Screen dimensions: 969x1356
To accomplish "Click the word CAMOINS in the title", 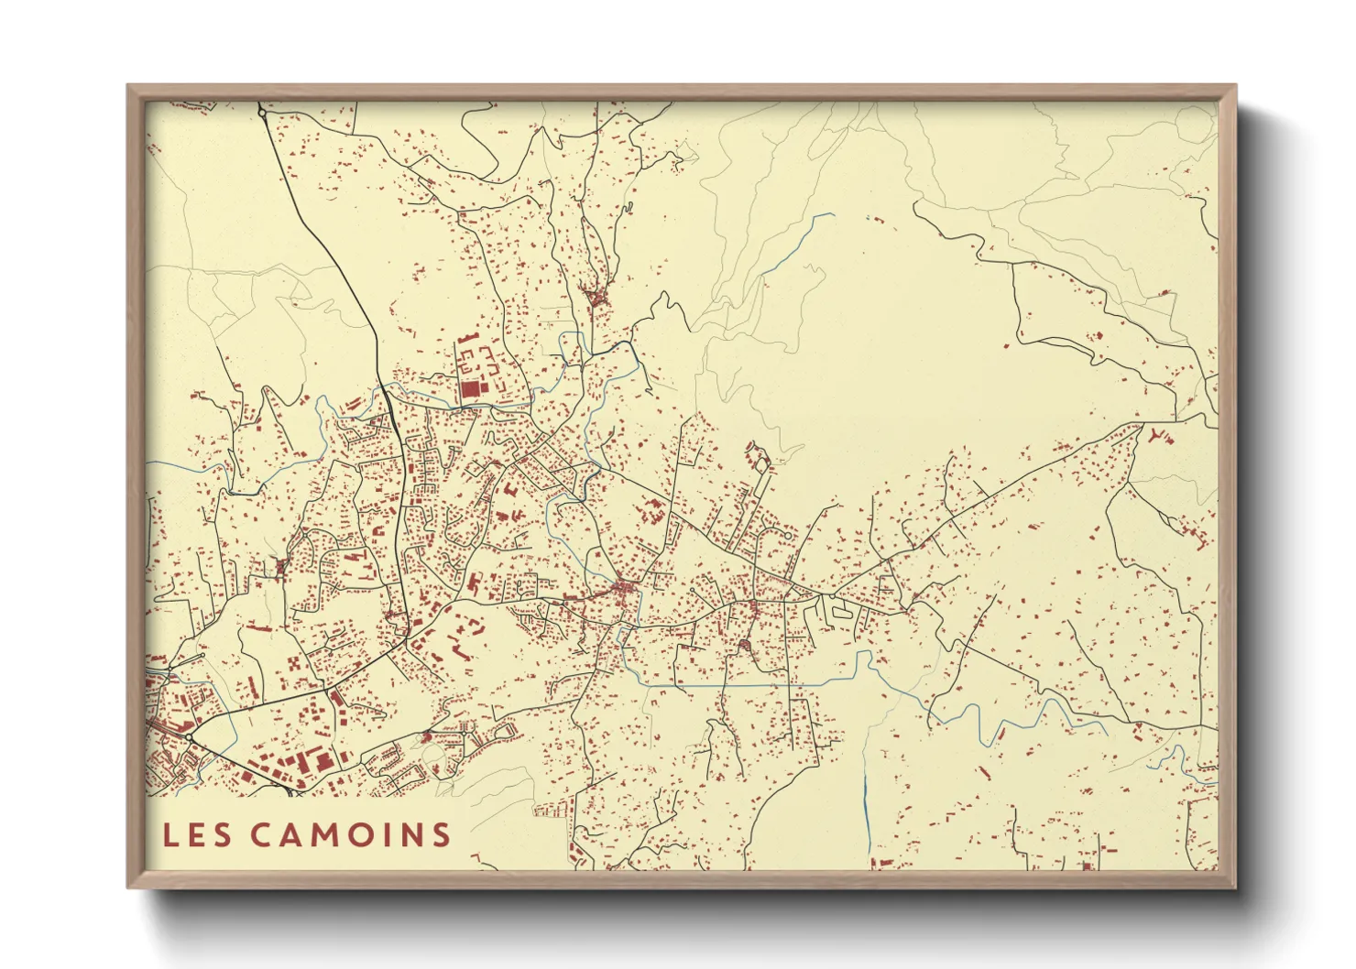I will coord(351,834).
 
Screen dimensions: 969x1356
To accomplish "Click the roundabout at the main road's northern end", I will coord(262,113).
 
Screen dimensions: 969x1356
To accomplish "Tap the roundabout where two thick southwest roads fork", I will coord(190,736).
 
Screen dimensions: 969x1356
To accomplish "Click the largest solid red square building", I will coord(470,389).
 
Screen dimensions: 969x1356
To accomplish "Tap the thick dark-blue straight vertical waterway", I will coord(866,797).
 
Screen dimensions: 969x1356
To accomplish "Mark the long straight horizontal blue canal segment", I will coord(733,684).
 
